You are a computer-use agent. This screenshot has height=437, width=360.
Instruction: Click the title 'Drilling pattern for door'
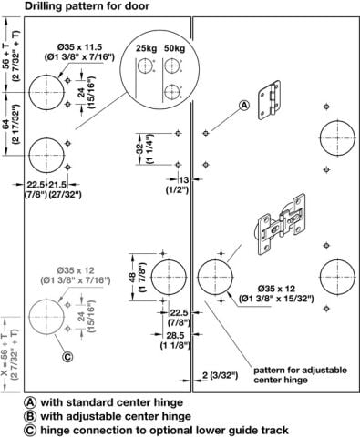[x=87, y=6]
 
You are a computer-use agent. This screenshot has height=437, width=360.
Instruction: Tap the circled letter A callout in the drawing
[x=244, y=106]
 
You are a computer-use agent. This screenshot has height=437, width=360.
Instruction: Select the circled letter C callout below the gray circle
[x=67, y=357]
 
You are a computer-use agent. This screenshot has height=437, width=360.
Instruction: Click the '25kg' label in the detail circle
[x=146, y=48]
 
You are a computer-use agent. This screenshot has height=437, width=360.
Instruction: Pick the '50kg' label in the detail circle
[x=174, y=48]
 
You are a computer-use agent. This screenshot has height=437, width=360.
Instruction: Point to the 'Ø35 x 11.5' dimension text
[x=79, y=47]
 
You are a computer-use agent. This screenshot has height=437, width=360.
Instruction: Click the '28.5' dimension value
[x=175, y=335]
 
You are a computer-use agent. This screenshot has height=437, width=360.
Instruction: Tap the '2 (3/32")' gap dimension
[x=220, y=375]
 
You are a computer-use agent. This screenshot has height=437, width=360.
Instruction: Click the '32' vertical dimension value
[x=139, y=148]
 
